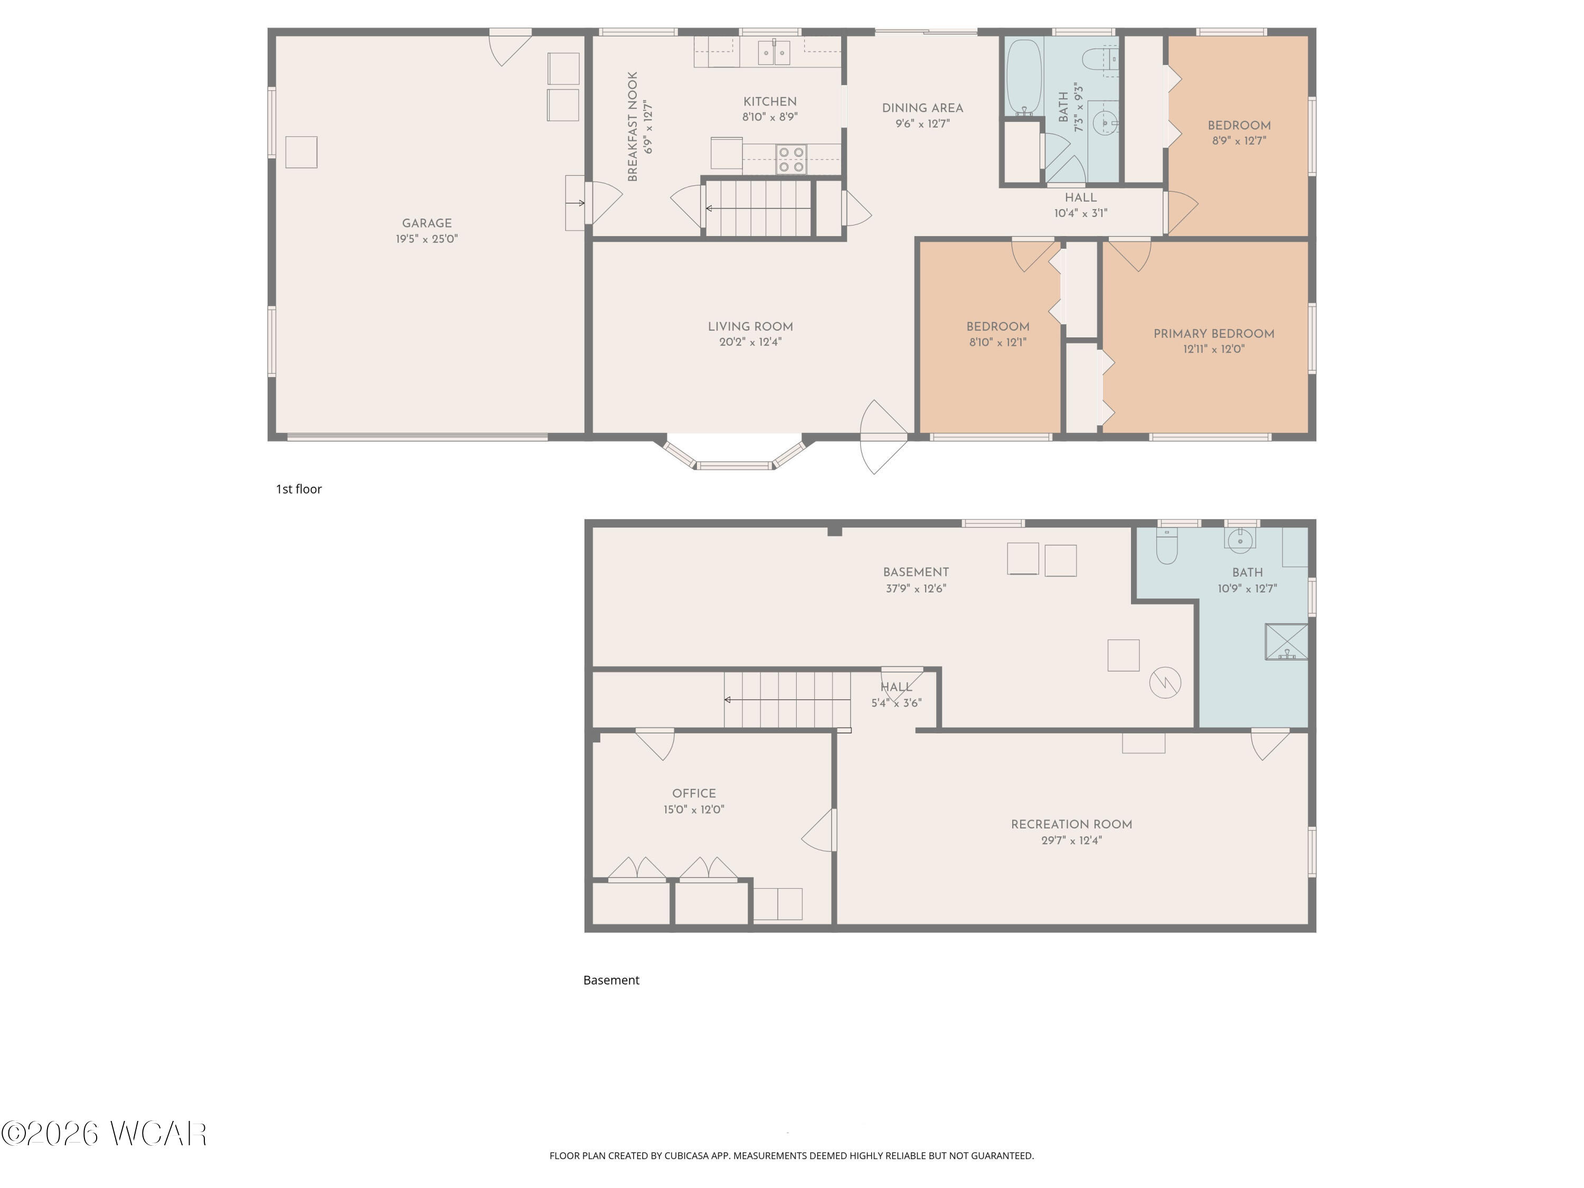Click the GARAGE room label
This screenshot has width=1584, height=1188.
coord(427,223)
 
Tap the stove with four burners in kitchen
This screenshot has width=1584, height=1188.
coord(791,159)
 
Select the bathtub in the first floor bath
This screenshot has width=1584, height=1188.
coord(1023,77)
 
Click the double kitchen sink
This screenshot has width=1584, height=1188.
coord(774,52)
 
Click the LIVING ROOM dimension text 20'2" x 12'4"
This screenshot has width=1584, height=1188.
coord(750,342)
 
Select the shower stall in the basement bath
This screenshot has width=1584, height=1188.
coord(1286,642)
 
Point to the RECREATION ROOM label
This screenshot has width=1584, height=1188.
coord(1071,824)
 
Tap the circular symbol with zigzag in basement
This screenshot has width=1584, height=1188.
coord(1165,682)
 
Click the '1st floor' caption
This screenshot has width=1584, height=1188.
coord(299,489)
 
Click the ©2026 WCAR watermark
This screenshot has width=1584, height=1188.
coord(105,1134)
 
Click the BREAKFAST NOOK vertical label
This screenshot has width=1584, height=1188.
coord(633,126)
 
